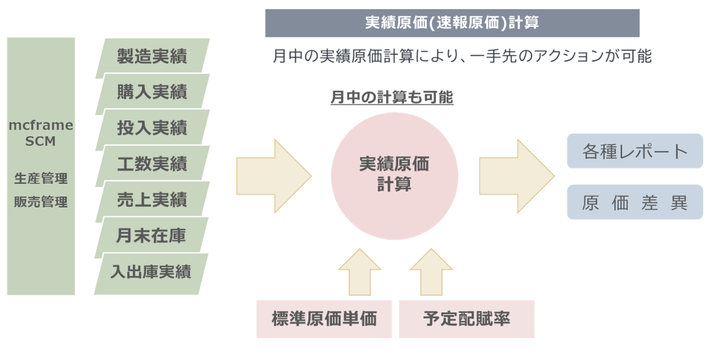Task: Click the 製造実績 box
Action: (x=152, y=57)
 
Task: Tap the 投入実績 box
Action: (x=152, y=128)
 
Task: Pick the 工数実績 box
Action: (x=152, y=164)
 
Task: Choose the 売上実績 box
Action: (x=152, y=200)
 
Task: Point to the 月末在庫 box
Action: (x=151, y=236)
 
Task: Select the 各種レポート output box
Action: (x=634, y=151)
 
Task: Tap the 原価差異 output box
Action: (x=634, y=202)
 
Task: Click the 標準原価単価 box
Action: (x=324, y=319)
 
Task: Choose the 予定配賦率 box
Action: (x=466, y=319)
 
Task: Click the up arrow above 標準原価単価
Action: (x=359, y=272)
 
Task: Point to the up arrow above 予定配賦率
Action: (x=431, y=272)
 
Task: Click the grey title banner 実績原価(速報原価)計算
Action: (x=452, y=23)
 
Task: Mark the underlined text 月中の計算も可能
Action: (x=392, y=98)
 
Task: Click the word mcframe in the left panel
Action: (x=41, y=125)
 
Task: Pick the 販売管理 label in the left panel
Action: (x=41, y=202)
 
